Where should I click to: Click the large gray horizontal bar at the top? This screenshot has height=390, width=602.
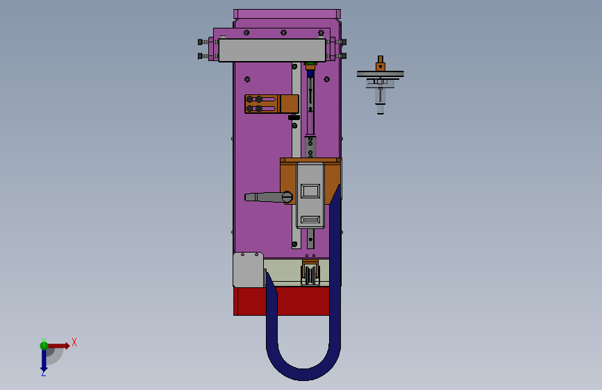pyautogui.click(x=272, y=50)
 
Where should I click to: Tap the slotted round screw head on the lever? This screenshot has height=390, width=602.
pyautogui.click(x=287, y=197)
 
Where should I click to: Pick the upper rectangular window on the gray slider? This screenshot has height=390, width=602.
pyautogui.click(x=310, y=191)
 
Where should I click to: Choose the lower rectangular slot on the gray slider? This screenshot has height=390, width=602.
pyautogui.click(x=310, y=219)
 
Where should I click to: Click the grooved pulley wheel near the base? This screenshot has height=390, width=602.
pyautogui.click(x=310, y=274)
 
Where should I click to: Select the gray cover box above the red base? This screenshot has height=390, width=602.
pyautogui.click(x=248, y=269)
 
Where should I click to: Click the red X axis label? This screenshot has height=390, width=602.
pyautogui.click(x=74, y=342)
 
